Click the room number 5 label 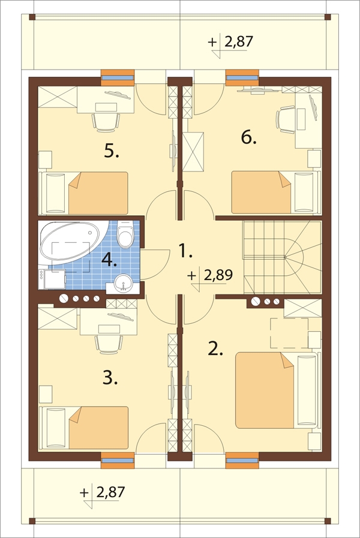coord(112,151)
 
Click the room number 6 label coord(249,138)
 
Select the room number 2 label coord(215,349)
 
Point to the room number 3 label coord(110,378)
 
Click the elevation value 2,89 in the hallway coord(218,275)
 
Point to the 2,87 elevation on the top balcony coord(239,42)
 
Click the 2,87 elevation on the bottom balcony coord(110,492)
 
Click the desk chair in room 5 coord(106,122)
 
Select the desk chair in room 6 coord(286,120)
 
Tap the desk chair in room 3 coord(109,344)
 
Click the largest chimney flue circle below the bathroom coord(64,299)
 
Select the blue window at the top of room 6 coord(242,78)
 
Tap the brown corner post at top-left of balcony coord(32,17)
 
